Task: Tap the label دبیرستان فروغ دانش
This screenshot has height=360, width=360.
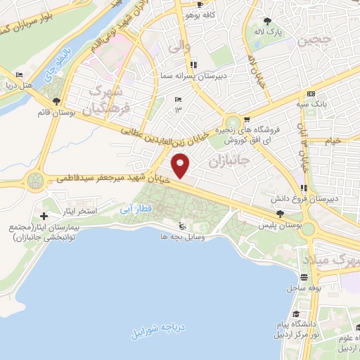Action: pos(329,198)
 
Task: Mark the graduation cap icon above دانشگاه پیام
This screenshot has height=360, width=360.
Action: pos(297,313)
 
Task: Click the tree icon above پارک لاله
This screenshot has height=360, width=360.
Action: pos(267,20)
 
